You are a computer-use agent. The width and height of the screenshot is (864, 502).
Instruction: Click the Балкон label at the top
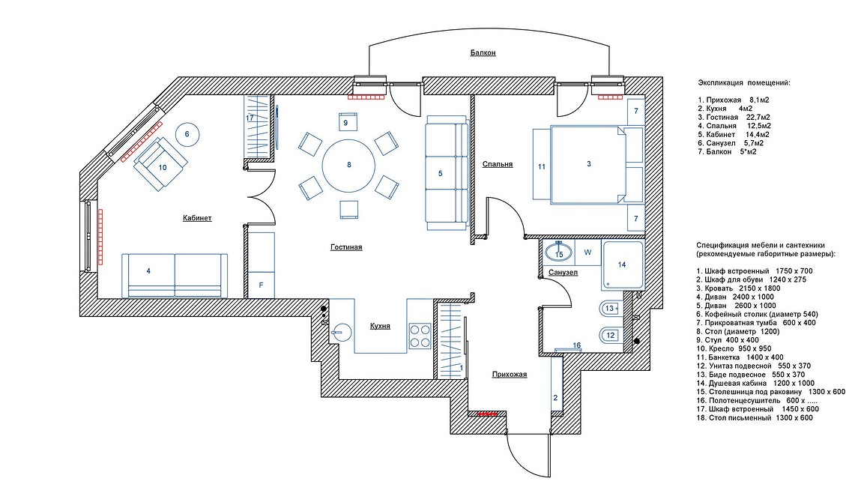click(x=483, y=53)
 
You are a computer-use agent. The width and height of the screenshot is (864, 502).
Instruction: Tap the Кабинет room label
click(x=197, y=218)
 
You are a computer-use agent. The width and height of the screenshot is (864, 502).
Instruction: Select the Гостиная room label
click(x=347, y=247)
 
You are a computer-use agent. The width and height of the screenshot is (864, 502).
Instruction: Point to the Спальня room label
click(x=498, y=164)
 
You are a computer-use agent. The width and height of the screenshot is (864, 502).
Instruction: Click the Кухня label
click(x=380, y=326)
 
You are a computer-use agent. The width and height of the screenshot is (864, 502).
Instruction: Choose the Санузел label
click(x=564, y=273)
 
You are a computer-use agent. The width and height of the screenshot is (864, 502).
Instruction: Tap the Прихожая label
click(x=509, y=375)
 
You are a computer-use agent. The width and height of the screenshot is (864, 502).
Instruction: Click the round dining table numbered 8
click(x=348, y=165)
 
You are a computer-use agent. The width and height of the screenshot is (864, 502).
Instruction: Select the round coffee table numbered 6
click(x=187, y=134)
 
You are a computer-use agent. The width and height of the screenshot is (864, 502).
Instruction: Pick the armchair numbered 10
click(x=160, y=163)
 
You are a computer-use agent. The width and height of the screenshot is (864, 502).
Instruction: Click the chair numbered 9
click(x=346, y=122)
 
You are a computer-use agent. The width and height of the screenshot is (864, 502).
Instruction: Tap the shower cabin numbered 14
click(x=622, y=265)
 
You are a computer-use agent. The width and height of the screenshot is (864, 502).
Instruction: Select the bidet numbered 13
click(x=611, y=309)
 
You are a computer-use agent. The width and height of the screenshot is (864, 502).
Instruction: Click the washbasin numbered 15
click(x=559, y=253)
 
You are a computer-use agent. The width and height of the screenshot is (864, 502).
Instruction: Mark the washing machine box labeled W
click(x=588, y=252)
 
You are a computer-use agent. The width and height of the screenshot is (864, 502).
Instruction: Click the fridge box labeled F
click(x=262, y=285)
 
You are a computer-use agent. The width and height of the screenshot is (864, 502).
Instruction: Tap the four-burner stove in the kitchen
click(x=420, y=336)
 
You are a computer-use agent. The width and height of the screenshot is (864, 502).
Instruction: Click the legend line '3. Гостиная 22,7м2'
click(x=734, y=118)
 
